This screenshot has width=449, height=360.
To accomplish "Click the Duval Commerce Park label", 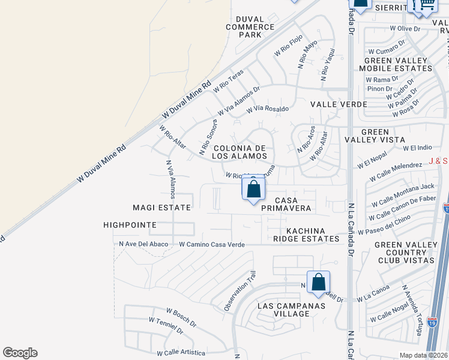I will (x=250, y=27).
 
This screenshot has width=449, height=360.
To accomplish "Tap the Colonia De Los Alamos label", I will (x=240, y=152).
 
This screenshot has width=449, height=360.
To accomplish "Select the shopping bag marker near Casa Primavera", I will (x=254, y=189).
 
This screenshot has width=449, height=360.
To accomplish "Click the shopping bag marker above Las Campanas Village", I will (x=319, y=281).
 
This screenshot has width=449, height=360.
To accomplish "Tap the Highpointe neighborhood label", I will (x=130, y=225).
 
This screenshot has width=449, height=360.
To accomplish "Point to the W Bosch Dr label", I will (x=181, y=316).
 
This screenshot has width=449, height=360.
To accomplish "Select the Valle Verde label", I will (x=339, y=104).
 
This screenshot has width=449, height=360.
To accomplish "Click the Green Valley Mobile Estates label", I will (x=395, y=64).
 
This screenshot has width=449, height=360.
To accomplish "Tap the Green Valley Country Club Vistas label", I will (x=405, y=253).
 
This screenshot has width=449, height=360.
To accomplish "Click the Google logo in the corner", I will (x=20, y=353).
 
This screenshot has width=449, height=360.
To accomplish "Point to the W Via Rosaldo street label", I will (x=268, y=109).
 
